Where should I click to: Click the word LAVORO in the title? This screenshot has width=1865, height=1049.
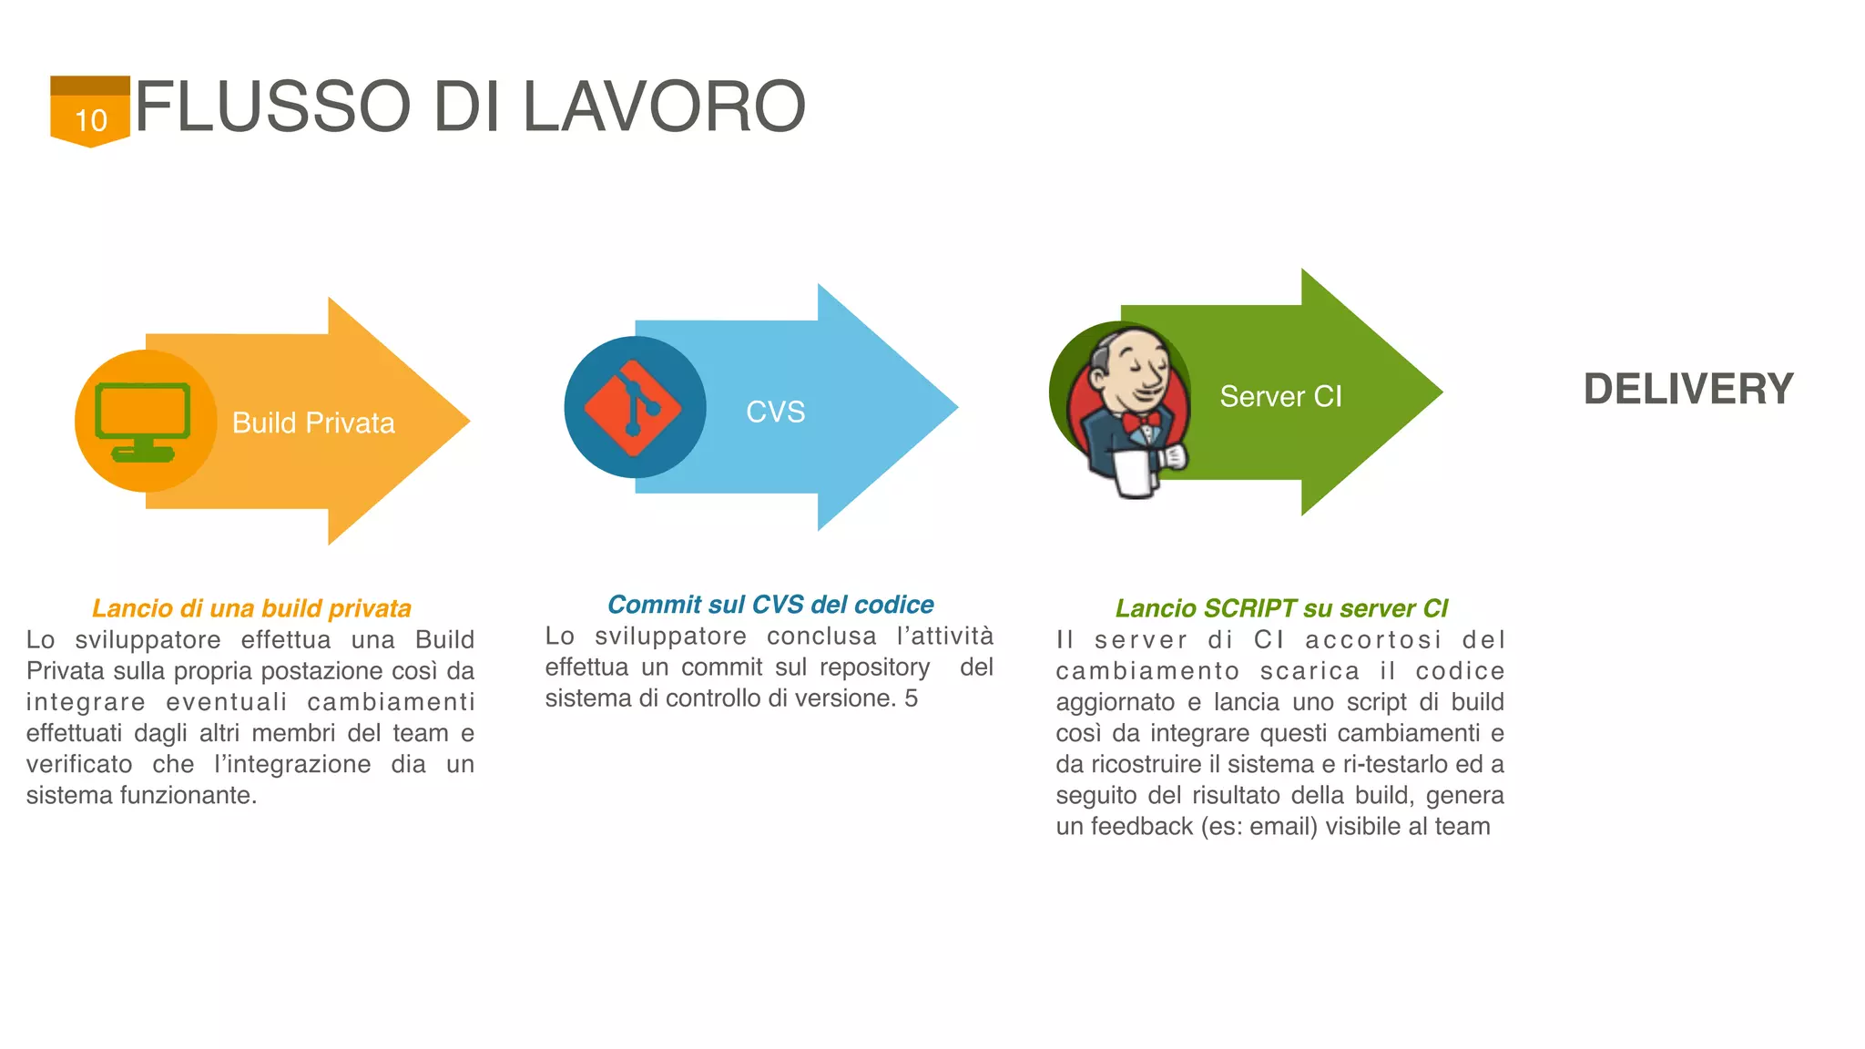pos(664,107)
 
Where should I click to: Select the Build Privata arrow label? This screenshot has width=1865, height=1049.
pos(313,423)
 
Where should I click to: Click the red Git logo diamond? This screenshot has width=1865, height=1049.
pos(633,408)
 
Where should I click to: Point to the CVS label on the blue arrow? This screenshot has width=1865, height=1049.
pos(775,412)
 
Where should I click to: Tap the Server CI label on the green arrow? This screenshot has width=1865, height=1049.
pos(1280,396)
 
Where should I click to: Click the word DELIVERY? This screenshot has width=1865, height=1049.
pos(1688,389)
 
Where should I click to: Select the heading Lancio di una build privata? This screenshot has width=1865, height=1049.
pos(251,608)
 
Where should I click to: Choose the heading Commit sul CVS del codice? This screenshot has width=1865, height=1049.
pos(770,605)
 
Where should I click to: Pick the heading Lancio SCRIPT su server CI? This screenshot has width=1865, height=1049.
pos(1281,608)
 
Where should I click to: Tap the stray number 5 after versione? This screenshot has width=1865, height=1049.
pos(911,698)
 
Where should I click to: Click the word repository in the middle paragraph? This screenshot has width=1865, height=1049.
pos(874,667)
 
